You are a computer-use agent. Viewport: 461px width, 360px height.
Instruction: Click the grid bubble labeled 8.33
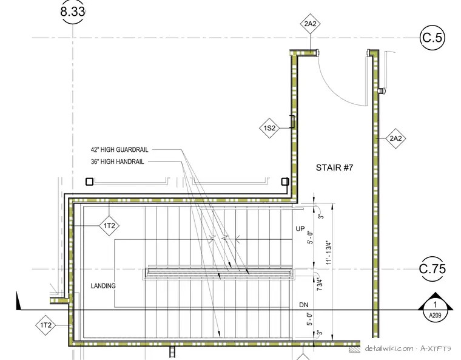(73, 12)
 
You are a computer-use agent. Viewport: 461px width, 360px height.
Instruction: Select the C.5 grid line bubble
(432, 38)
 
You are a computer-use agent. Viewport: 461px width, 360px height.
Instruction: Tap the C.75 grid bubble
(432, 269)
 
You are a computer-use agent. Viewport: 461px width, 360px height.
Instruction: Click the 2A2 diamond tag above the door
(310, 24)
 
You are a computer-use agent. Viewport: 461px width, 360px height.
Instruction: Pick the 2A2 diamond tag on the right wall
(395, 138)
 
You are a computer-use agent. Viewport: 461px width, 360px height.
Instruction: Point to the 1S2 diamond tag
(269, 128)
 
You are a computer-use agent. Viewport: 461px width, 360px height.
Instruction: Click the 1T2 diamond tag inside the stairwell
(109, 226)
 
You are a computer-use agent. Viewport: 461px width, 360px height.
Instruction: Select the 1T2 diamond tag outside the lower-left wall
(45, 325)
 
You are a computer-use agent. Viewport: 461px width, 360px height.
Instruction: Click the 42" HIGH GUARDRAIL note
(119, 149)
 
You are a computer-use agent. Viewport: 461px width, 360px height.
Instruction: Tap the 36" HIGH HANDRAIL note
(117, 161)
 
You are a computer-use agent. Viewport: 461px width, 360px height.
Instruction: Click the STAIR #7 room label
(334, 168)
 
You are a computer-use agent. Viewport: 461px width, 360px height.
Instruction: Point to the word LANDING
(103, 286)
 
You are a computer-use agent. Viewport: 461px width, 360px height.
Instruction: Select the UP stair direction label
(300, 229)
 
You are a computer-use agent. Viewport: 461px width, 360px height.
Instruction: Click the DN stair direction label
(304, 305)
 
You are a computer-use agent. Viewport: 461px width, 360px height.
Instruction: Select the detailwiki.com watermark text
(408, 348)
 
